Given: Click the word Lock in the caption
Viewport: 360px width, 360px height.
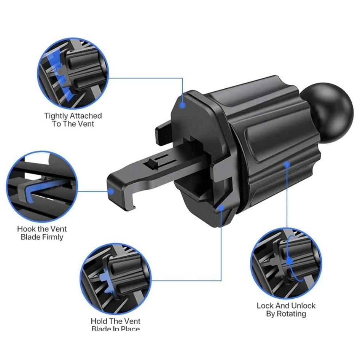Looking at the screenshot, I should point(265,306).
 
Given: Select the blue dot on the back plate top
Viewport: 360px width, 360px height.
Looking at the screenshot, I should point(183,104).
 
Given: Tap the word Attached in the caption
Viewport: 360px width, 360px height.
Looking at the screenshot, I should point(87,116).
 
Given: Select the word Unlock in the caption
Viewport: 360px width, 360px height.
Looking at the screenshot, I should point(302,306).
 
